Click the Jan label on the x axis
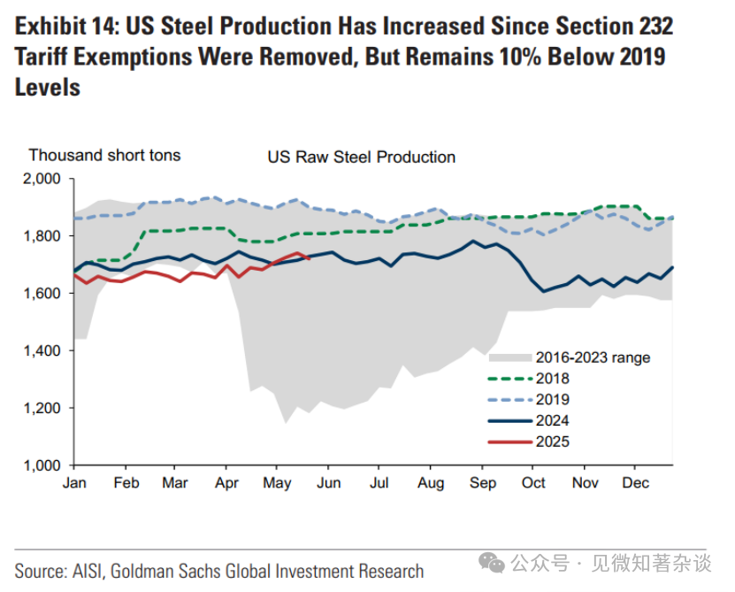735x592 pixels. point(74,483)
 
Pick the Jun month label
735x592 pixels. point(328,483)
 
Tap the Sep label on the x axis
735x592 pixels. point(482,483)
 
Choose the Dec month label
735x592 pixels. point(635,483)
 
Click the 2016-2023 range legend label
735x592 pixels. point(593,358)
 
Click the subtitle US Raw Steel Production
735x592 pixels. point(361,158)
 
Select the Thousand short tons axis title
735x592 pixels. point(104,156)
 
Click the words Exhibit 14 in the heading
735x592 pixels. point(63,26)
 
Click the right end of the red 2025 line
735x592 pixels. point(307,258)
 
